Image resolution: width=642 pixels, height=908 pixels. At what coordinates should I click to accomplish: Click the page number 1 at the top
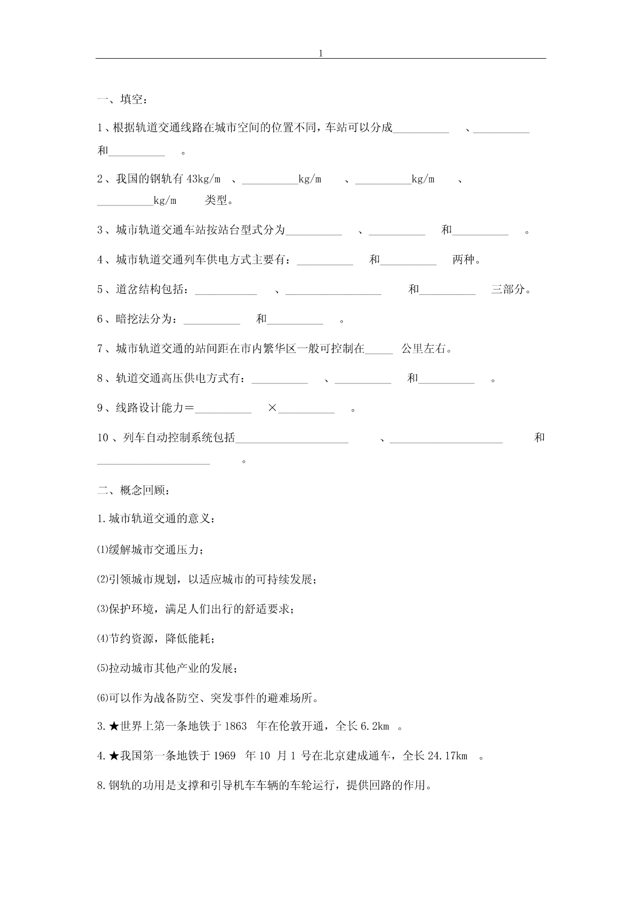tap(321, 53)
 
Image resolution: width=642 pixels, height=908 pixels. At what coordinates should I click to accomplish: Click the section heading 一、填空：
tap(122, 100)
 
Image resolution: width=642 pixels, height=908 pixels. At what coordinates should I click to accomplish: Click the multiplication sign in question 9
tap(272, 408)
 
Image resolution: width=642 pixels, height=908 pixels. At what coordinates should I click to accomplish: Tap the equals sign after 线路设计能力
tap(189, 408)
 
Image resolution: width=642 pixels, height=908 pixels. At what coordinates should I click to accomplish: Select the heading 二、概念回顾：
tap(134, 491)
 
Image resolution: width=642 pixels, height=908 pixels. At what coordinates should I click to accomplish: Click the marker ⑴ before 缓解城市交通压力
tap(102, 551)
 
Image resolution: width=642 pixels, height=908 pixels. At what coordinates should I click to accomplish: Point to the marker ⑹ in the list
tap(102, 698)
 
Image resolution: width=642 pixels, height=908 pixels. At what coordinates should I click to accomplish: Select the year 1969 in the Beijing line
tap(225, 756)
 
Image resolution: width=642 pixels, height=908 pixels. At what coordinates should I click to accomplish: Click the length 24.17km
tap(447, 756)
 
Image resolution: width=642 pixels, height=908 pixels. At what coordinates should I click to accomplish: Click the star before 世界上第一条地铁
tap(114, 727)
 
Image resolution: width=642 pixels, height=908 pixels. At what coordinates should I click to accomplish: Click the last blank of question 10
tap(154, 462)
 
